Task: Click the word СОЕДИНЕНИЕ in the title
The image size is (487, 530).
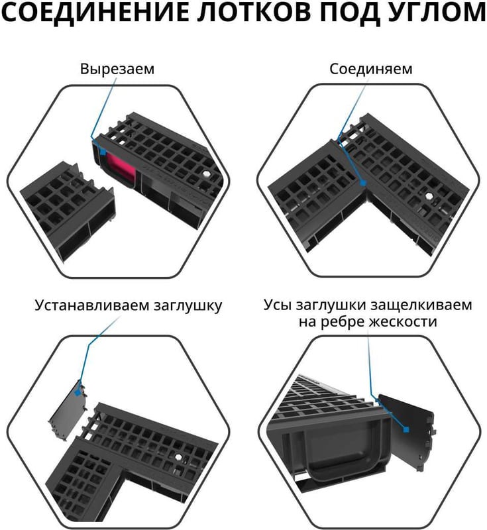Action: pos(95,12)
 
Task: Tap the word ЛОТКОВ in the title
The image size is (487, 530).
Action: pos(254,12)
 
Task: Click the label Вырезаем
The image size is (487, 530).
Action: pos(117,69)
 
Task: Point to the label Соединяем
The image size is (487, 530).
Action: pos(371,69)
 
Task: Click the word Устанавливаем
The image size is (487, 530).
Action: pos(92,305)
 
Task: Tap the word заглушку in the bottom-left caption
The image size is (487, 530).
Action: pos(188,306)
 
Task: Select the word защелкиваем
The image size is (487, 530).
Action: pos(421,305)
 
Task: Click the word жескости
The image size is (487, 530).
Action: pos(403,321)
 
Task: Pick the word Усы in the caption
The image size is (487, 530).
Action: pos(277,305)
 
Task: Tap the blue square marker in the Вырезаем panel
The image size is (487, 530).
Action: pos(103,152)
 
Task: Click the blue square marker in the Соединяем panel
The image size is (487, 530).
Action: pos(362,184)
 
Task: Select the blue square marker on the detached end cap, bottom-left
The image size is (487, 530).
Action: pos(78,393)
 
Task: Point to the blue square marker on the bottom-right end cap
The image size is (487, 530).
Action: pos(406,429)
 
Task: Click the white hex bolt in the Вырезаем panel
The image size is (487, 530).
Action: pos(206,175)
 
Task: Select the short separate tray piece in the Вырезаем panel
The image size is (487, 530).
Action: pos(68,210)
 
